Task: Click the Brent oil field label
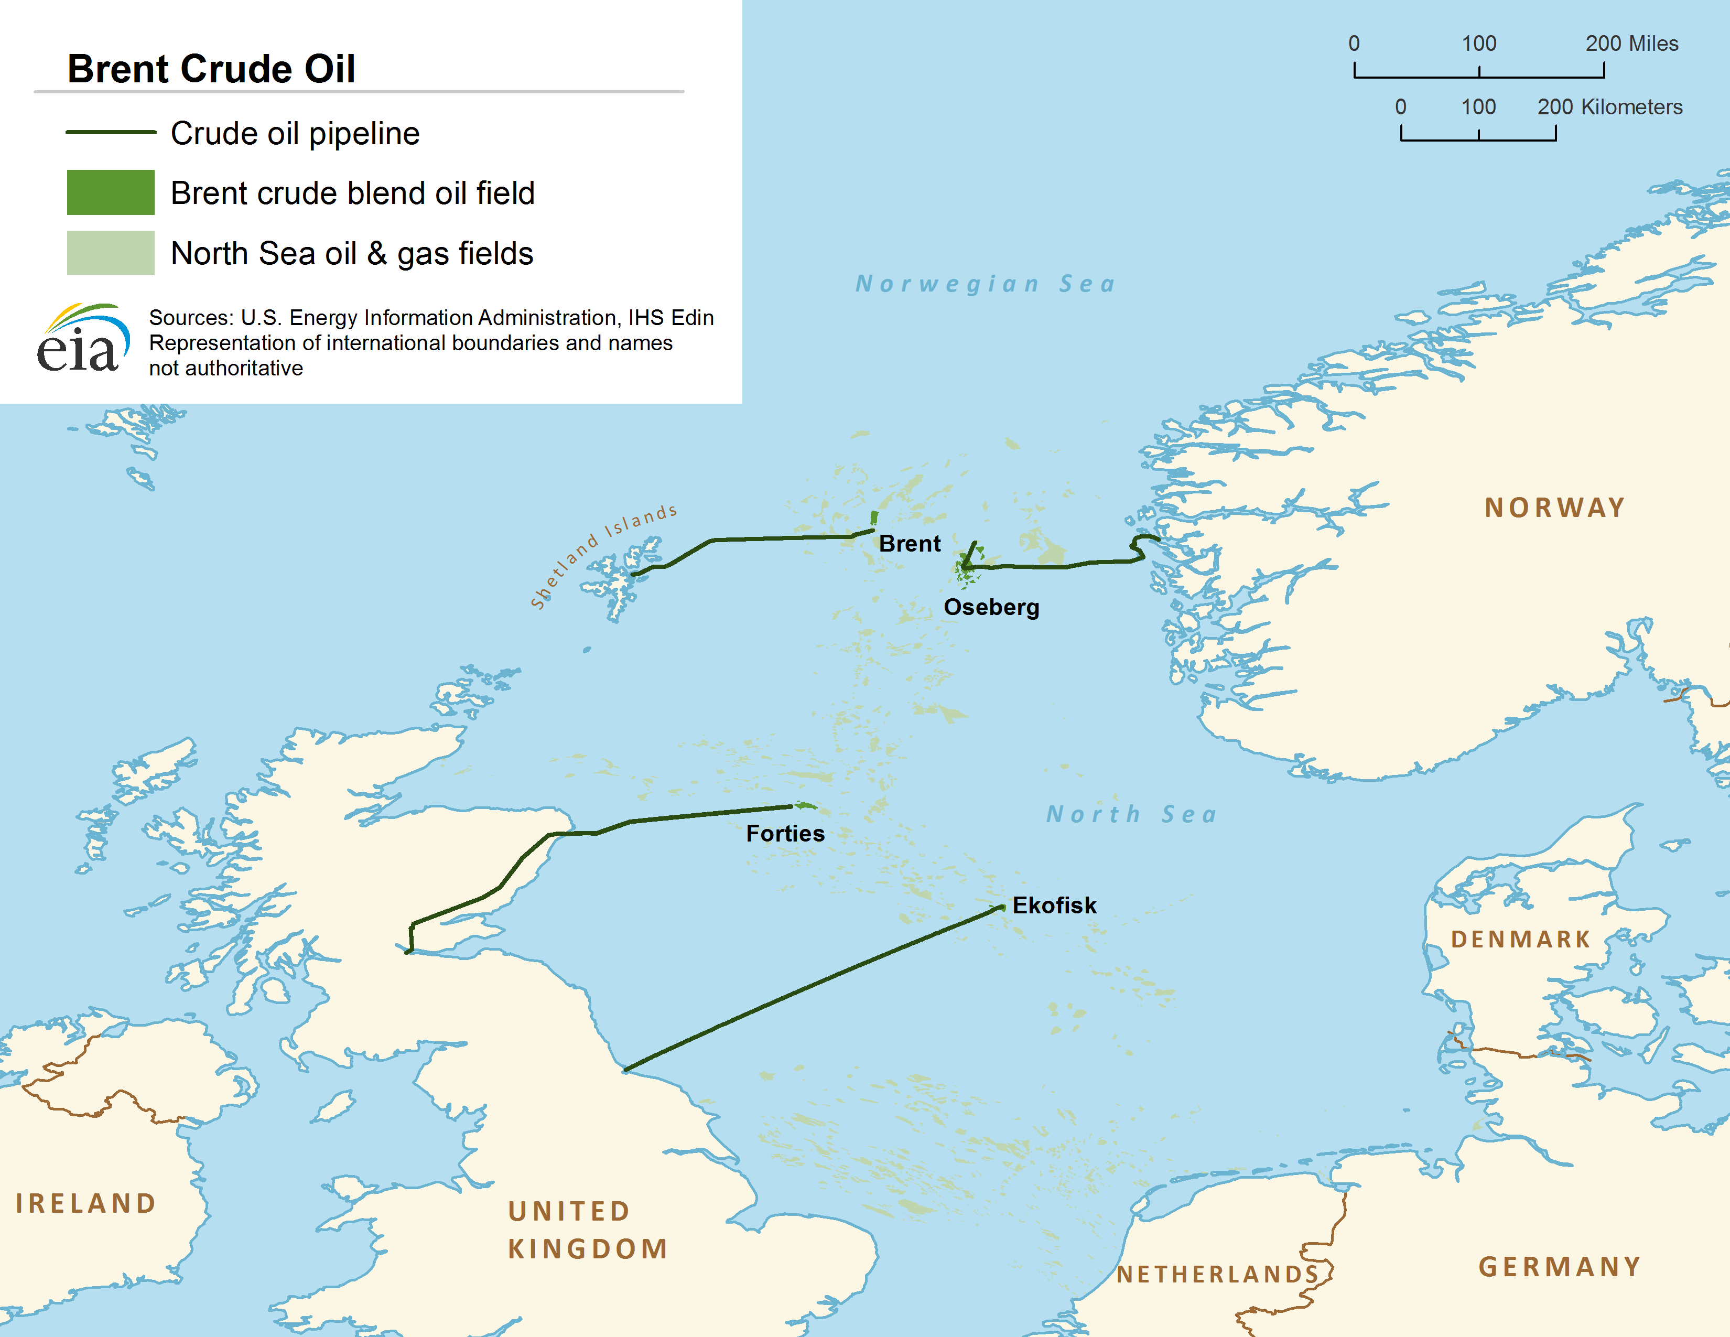(910, 544)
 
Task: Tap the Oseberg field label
(991, 608)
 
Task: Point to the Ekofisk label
(1054, 905)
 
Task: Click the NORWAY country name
(1554, 508)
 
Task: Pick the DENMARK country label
(1520, 940)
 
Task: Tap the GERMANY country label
(1560, 1267)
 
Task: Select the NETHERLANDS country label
(1217, 1275)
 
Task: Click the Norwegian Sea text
(986, 284)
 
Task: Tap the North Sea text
(1131, 814)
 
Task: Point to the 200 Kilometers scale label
(1609, 107)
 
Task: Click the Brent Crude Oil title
(211, 69)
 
